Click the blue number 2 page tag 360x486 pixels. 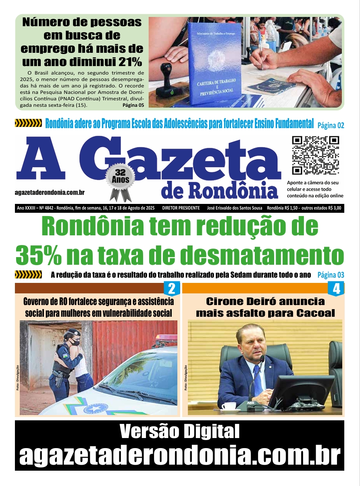coord(171,289)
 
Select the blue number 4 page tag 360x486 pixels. coord(336,289)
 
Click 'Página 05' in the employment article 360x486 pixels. coord(133,106)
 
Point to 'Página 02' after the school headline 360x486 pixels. coord(331,125)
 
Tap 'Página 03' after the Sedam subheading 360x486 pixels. coord(331,275)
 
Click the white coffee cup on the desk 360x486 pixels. coord(229,406)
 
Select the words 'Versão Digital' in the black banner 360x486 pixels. coord(179,432)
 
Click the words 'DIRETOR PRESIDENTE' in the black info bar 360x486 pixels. coord(181,208)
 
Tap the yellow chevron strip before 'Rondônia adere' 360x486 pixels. coord(28,123)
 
